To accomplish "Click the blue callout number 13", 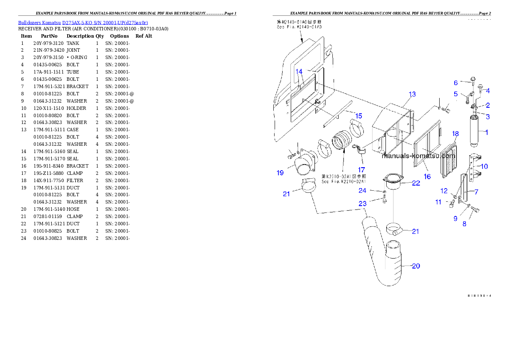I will tap(412, 94).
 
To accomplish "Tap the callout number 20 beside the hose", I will tap(416, 266).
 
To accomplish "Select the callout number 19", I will tap(280, 173).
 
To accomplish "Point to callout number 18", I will tap(456, 134).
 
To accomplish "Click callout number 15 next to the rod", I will tap(358, 116).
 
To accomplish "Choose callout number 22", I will tap(416, 183).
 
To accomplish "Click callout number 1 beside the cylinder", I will tap(486, 132).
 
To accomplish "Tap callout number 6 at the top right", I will tap(456, 83).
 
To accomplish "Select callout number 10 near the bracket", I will tap(484, 166).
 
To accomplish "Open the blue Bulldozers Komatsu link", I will tap(83, 23).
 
